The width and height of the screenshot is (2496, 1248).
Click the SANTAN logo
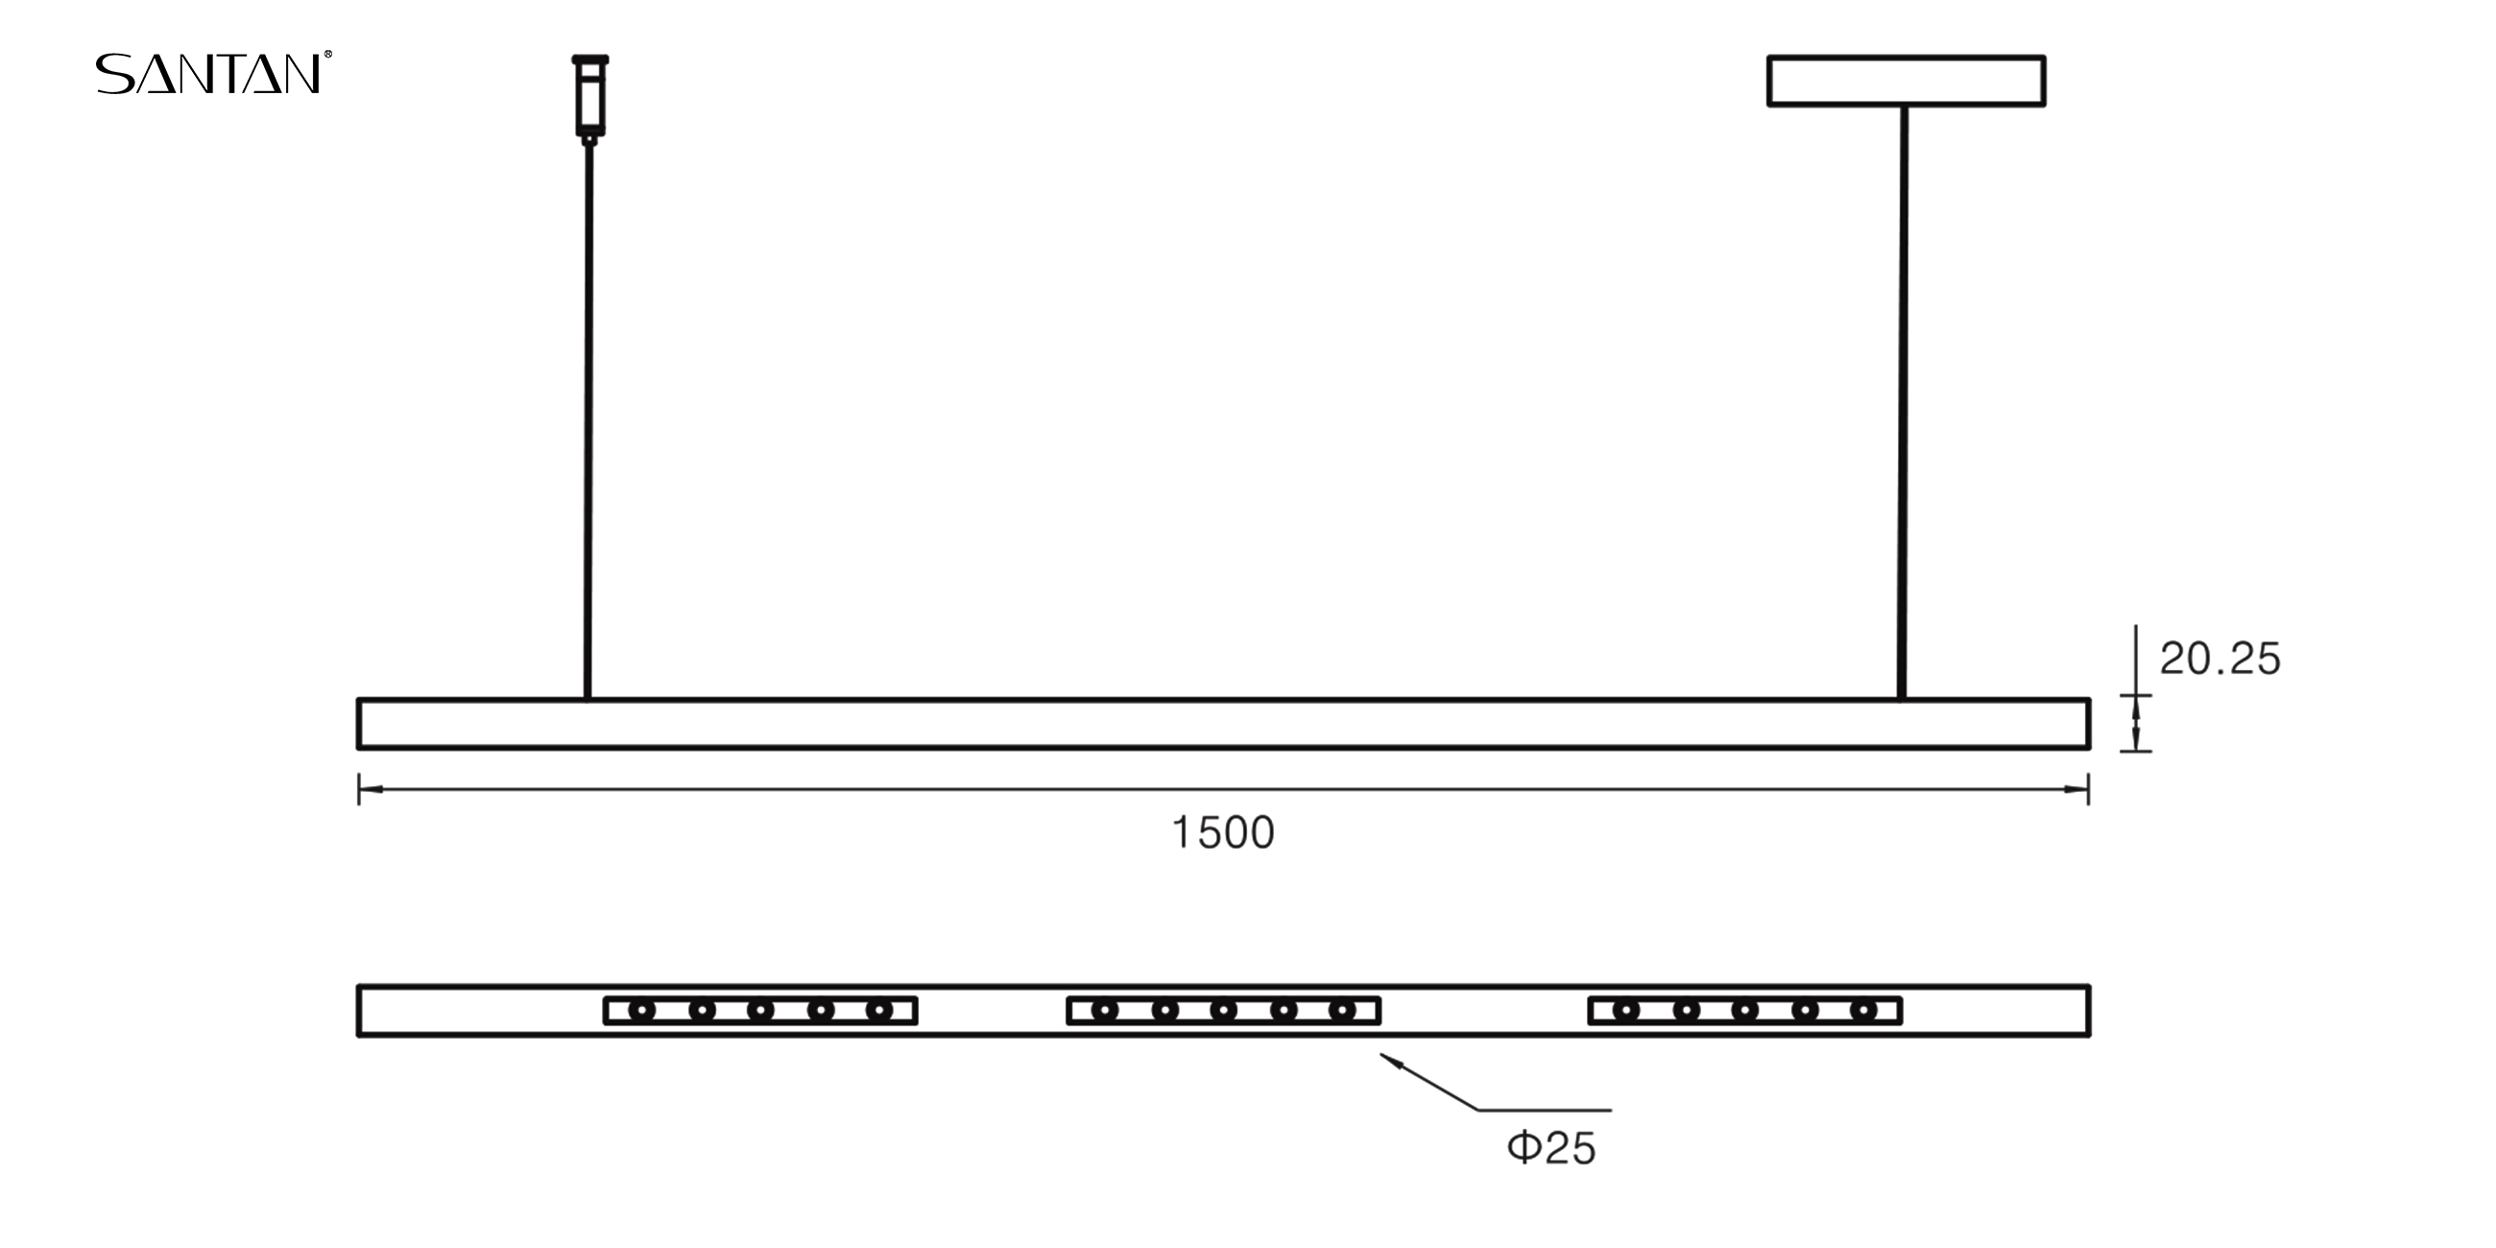click(208, 74)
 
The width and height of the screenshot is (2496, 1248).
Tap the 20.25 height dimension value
click(2220, 660)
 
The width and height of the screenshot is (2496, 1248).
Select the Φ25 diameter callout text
click(1551, 1148)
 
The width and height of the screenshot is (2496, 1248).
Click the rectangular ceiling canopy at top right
click(1906, 81)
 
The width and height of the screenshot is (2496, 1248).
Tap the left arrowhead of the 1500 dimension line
click(371, 790)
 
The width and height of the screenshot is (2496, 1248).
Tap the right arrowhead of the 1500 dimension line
click(2076, 790)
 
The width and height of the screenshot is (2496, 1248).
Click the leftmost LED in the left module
click(641, 1012)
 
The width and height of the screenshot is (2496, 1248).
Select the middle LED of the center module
click(1224, 1012)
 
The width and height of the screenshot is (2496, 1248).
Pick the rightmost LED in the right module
click(1863, 1012)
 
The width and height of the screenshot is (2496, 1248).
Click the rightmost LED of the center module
click(1342, 1012)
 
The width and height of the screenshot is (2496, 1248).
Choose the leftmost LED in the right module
click(1626, 1012)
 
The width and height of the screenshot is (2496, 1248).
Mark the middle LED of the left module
click(760, 1012)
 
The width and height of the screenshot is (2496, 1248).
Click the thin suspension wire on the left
click(588, 417)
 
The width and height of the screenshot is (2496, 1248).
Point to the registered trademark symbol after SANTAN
click(327, 56)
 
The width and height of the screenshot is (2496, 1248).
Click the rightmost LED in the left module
click(878, 1012)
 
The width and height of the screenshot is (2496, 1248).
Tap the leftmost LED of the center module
click(1105, 1012)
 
